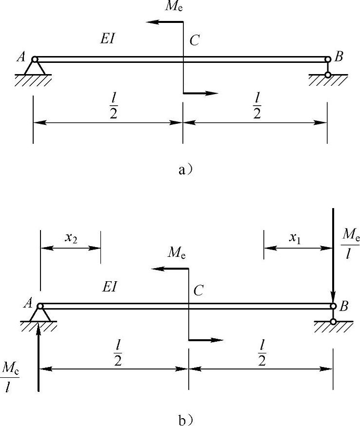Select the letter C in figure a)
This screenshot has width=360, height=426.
pyautogui.click(x=195, y=41)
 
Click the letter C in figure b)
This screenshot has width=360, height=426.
pyautogui.click(x=199, y=291)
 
